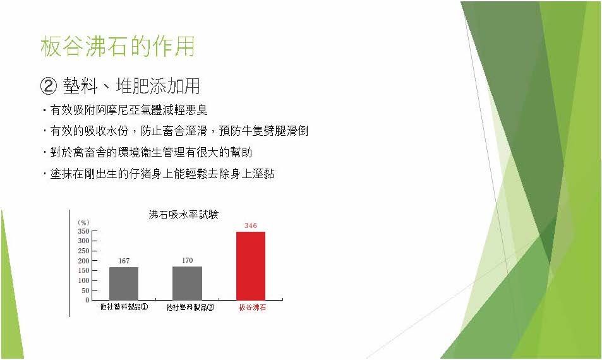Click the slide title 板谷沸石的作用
pos(117,47)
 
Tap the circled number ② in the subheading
pos(49,86)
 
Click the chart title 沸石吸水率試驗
pos(183,215)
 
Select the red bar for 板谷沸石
pos(251,266)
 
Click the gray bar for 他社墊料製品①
pos(124,284)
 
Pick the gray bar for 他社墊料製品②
pos(188,283)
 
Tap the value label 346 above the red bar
pos(251,225)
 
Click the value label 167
pos(124,261)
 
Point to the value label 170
pos(188,260)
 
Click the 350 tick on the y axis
pos(83,231)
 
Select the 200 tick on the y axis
pos(83,261)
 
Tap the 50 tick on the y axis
pos(85,291)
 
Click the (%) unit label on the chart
pos(83,222)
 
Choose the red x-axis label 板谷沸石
pos(252,308)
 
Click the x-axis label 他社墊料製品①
pos(124,307)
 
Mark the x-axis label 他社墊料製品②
pos(190,308)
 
